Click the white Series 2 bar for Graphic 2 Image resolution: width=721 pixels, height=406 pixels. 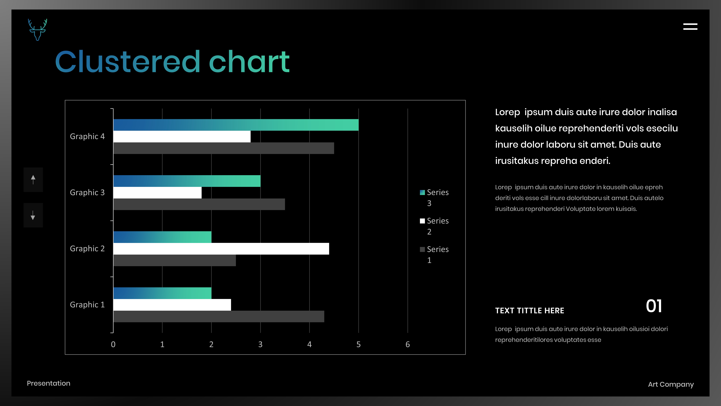[221, 249]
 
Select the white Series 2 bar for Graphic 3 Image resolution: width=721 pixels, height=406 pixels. [157, 192]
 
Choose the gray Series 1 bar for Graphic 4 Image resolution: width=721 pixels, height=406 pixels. [224, 148]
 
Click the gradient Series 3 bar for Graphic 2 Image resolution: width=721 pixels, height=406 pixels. [162, 237]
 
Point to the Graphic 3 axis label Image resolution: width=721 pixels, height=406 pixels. [87, 192]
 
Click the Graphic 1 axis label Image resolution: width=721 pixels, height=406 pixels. [87, 305]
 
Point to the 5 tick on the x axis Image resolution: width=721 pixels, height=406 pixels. [358, 344]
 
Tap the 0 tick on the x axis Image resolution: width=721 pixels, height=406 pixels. [113, 344]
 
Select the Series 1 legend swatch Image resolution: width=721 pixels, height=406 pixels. [422, 249]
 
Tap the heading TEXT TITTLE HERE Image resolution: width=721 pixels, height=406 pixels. [530, 310]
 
